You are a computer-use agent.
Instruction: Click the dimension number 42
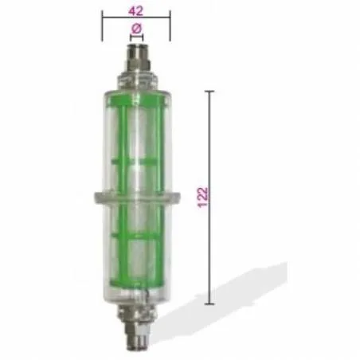(x=135, y=10)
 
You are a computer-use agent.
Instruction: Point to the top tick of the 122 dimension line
(x=210, y=92)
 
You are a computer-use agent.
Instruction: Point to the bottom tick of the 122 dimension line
(x=210, y=303)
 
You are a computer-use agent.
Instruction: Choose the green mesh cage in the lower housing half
(x=135, y=247)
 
